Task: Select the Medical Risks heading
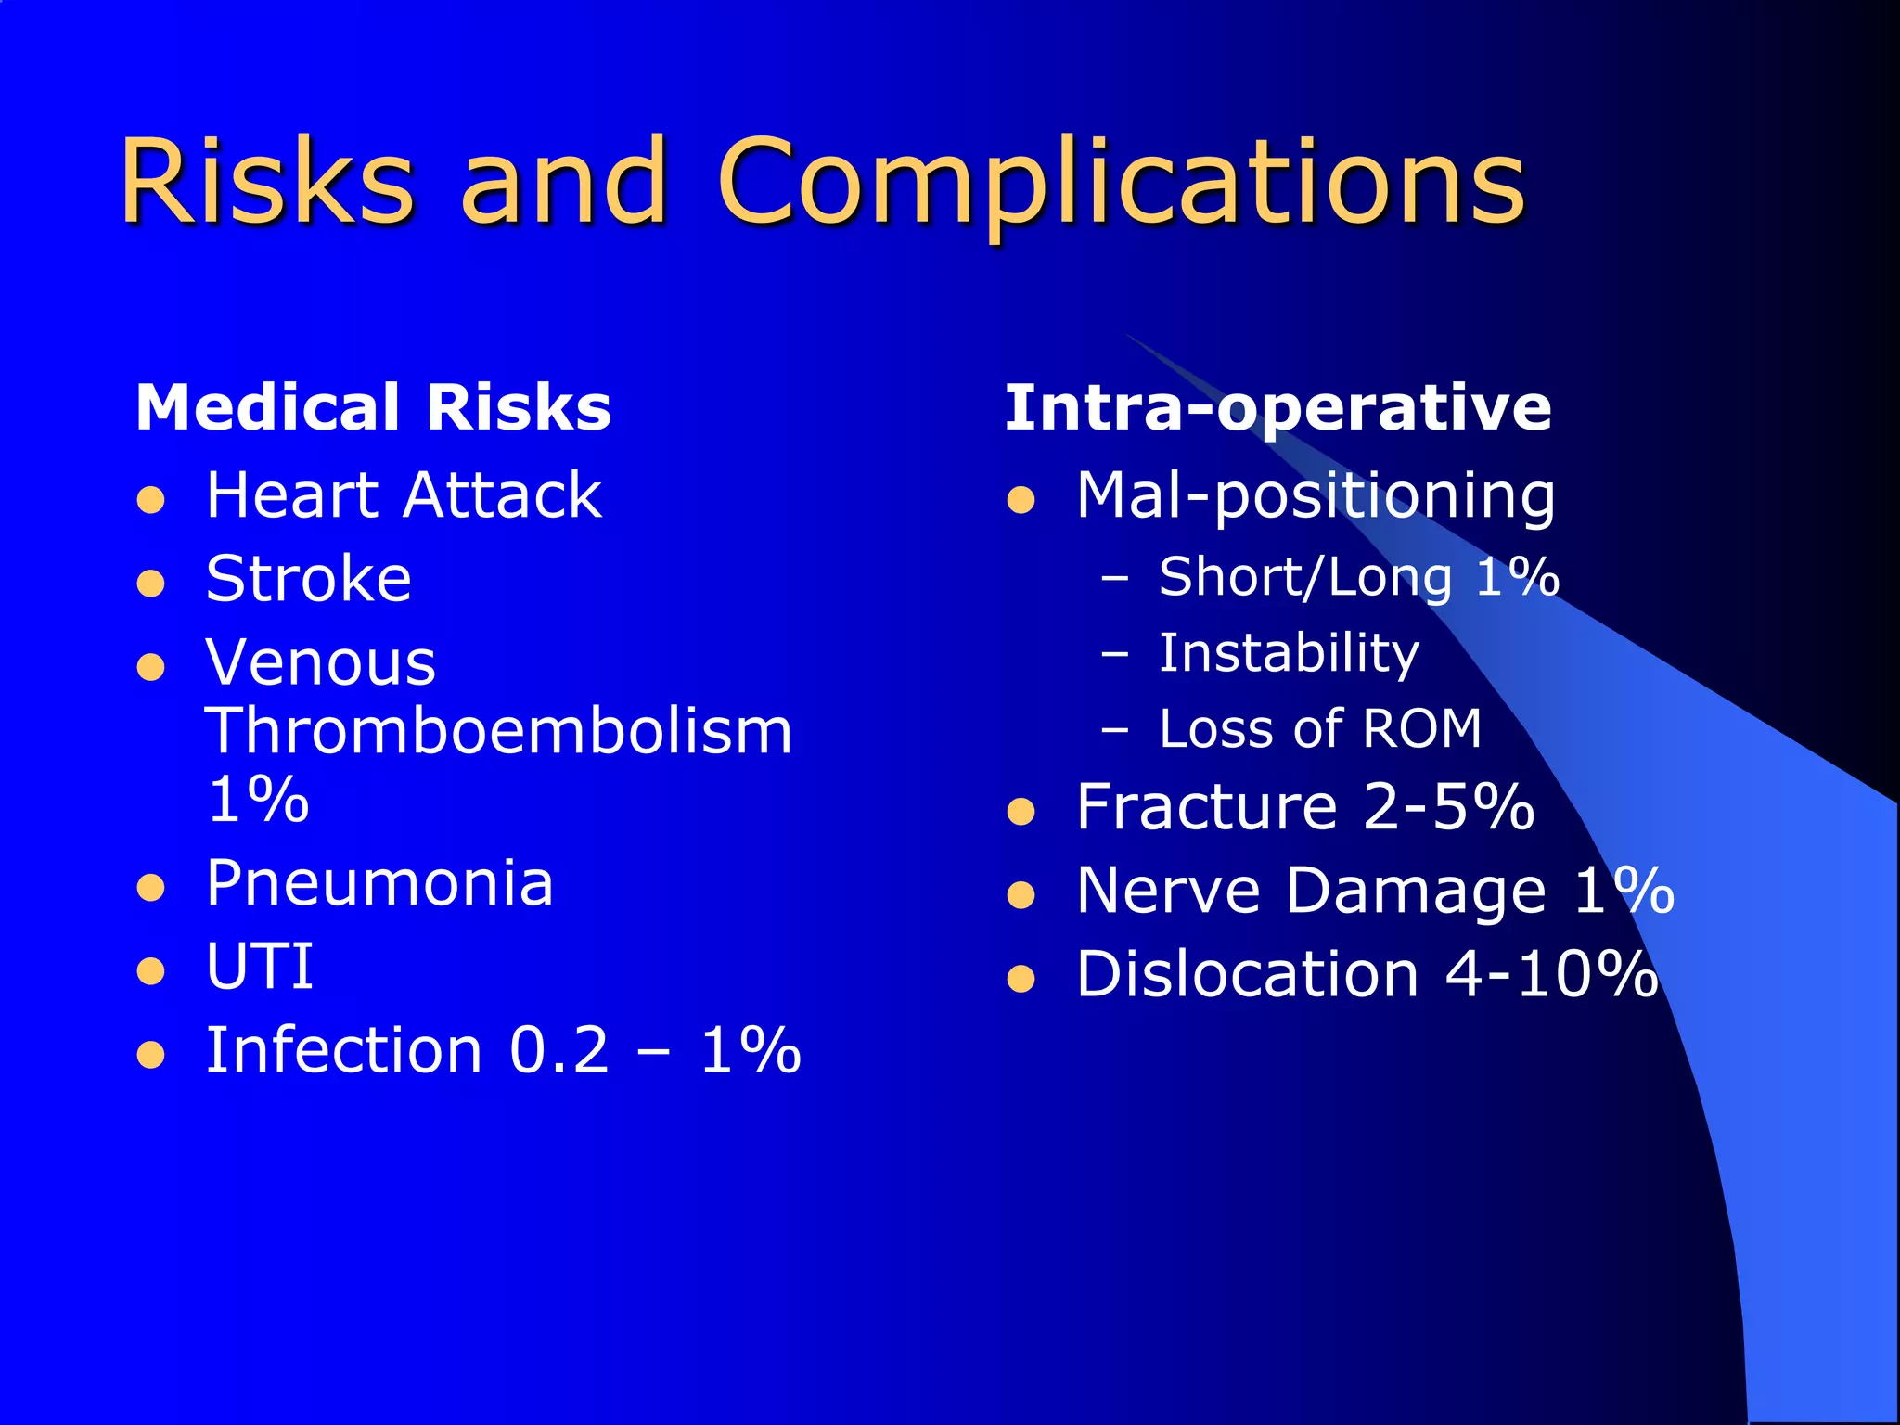[373, 407]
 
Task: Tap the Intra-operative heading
[1277, 407]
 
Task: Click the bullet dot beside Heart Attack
[150, 501]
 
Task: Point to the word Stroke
[308, 579]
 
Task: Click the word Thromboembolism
[498, 731]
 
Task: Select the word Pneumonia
[379, 882]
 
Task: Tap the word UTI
[260, 967]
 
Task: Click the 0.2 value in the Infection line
[558, 1050]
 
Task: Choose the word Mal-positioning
[1316, 495]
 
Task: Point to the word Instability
[1289, 653]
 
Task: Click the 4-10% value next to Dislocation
[1551, 974]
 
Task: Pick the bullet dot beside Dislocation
[1021, 980]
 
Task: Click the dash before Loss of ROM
[1114, 730]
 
